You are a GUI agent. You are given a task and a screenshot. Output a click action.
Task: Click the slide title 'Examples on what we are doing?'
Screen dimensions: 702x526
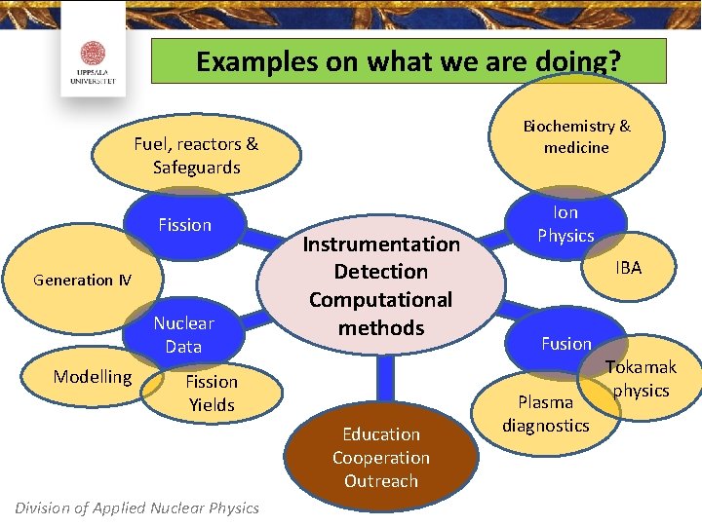point(409,61)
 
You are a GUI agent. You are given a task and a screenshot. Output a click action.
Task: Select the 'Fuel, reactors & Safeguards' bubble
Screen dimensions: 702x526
point(196,156)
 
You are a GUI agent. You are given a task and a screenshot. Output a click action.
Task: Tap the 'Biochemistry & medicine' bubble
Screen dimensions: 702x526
point(576,137)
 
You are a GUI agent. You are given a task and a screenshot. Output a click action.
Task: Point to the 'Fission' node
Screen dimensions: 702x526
point(184,225)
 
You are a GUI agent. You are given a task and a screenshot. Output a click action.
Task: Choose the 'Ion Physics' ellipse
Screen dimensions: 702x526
point(565,224)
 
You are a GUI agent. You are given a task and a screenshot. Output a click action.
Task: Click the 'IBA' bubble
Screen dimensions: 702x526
point(629,267)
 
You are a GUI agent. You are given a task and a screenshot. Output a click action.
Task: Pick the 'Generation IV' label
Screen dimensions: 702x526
point(82,280)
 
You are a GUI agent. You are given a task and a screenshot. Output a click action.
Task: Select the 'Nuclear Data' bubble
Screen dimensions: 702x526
point(183,334)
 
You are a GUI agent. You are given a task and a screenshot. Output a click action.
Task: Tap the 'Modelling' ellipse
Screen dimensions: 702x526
point(93,376)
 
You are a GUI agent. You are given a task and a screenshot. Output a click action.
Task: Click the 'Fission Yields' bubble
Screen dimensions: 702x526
point(212,393)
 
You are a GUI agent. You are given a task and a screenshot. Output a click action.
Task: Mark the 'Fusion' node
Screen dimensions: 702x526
point(566,344)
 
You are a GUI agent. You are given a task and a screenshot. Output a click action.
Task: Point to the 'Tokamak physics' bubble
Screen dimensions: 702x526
point(641,379)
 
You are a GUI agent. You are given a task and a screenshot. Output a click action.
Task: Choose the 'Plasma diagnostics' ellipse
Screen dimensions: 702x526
point(546,413)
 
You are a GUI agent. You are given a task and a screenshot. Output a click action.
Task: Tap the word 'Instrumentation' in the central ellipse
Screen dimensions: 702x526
point(381,244)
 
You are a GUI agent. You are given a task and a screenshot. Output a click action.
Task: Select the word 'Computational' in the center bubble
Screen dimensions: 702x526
point(381,299)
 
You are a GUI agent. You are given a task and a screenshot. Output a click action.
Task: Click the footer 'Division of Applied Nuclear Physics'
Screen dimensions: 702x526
point(137,507)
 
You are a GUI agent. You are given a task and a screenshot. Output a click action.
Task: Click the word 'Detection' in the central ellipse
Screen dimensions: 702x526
point(381,271)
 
